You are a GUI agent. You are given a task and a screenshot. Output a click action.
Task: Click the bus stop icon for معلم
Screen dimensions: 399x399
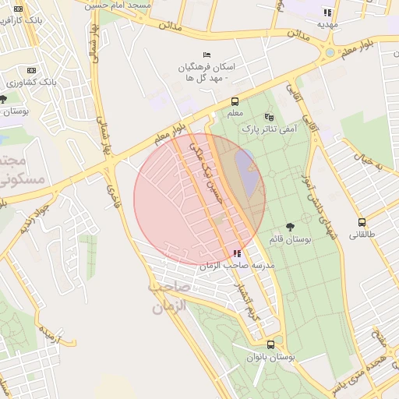235,101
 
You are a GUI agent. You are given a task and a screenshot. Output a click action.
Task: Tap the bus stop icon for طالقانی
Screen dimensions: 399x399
362,222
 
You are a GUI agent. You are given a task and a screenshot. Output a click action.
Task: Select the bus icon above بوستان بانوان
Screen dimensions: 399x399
270,344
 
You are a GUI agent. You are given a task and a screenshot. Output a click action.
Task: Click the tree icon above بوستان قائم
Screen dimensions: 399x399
291,227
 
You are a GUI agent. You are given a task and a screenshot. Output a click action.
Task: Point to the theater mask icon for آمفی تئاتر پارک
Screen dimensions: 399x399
270,116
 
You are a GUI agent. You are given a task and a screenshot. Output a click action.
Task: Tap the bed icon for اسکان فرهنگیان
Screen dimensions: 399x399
206,55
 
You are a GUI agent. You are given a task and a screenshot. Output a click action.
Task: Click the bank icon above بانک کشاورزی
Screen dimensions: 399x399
31,70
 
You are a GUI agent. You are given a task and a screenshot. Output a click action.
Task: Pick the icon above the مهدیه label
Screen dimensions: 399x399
327,12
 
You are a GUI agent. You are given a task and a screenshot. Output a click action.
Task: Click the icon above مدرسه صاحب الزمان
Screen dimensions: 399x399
237,253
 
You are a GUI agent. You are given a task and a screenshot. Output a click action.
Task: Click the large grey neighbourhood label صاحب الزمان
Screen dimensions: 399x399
167,298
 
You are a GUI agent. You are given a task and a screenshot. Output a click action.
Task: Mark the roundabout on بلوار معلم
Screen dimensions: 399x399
330,53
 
